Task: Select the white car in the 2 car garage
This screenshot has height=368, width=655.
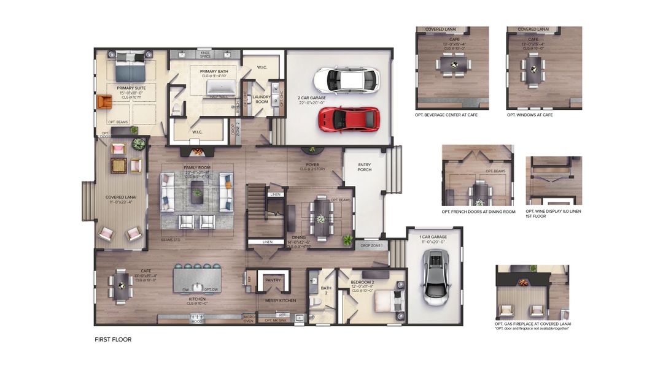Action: pyautogui.click(x=346, y=80)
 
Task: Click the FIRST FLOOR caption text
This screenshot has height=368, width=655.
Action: pyautogui.click(x=113, y=339)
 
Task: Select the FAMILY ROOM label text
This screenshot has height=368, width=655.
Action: pyautogui.click(x=197, y=167)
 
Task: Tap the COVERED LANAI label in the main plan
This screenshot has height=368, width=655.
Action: pyautogui.click(x=120, y=197)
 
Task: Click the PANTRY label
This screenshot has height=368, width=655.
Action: pyautogui.click(x=272, y=280)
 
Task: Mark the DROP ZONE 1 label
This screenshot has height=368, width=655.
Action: pyautogui.click(x=371, y=245)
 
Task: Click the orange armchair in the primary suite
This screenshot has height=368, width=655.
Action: pyautogui.click(x=104, y=101)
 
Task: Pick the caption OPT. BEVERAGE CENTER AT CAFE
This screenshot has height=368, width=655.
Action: pyautogui.click(x=446, y=115)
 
